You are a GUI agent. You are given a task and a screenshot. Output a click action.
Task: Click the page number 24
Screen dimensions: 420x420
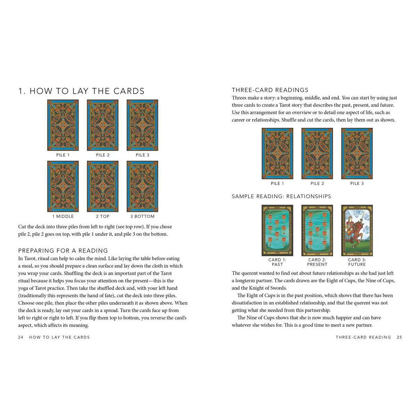21,337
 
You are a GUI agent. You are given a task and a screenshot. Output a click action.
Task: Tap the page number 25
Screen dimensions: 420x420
399,337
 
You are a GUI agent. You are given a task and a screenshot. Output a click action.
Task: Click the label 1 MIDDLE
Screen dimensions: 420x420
63,216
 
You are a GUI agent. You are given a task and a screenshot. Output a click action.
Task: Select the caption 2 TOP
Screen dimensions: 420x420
102,216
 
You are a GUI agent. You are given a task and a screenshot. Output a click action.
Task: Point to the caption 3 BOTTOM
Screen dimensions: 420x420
142,216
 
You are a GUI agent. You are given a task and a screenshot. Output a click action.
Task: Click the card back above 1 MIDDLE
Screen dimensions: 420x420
63,186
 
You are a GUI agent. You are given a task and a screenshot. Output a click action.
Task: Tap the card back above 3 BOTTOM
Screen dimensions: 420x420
142,186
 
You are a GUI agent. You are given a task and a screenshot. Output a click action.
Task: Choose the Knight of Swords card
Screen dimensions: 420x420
357,230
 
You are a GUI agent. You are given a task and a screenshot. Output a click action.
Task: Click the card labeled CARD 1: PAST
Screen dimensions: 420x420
277,230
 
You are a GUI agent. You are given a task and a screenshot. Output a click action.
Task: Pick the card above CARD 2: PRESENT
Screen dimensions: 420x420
317,230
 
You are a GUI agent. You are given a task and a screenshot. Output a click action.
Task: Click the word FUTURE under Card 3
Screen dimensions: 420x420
357,264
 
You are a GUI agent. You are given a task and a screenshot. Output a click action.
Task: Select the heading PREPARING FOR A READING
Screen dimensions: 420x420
63,251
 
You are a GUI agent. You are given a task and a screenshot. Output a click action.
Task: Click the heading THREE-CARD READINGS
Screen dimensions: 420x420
270,90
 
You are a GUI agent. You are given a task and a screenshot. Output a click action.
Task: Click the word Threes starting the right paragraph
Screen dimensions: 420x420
239,98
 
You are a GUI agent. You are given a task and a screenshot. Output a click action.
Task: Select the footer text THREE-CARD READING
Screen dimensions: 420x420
363,337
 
